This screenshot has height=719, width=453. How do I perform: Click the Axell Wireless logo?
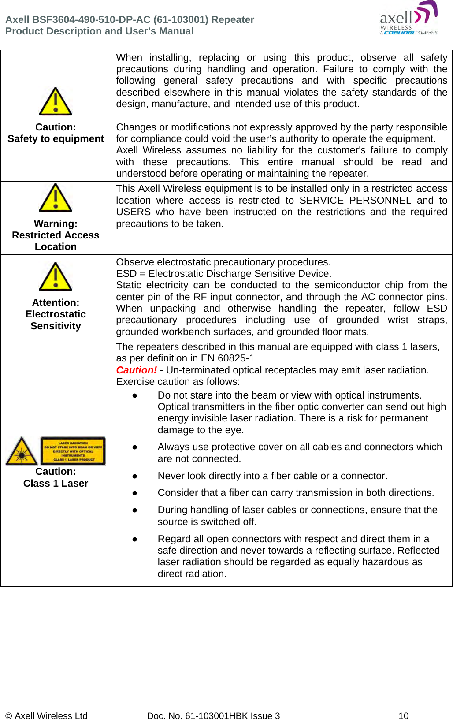click(x=408, y=19)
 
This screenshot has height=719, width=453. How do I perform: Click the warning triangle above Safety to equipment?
click(x=56, y=102)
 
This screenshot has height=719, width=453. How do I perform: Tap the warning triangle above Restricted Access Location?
click(x=56, y=198)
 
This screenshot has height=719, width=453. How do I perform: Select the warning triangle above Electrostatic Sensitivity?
click(x=56, y=277)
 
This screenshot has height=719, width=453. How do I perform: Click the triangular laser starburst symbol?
click(x=22, y=451)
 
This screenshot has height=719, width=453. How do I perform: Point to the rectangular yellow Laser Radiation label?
click(x=73, y=451)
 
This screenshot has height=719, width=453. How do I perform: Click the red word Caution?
click(x=136, y=370)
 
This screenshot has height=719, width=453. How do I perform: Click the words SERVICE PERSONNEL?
click(x=355, y=201)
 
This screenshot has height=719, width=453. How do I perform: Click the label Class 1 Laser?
click(x=56, y=484)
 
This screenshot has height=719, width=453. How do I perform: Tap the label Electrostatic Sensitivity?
click(x=56, y=320)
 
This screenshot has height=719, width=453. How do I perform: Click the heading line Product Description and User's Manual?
click(x=100, y=31)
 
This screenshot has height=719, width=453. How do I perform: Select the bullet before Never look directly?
click(x=135, y=476)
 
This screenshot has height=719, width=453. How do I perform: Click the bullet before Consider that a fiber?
click(x=135, y=493)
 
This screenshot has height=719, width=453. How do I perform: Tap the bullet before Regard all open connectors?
click(x=135, y=539)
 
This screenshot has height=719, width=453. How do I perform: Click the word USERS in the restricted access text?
click(x=133, y=212)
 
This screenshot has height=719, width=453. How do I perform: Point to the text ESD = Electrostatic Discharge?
click(x=198, y=274)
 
